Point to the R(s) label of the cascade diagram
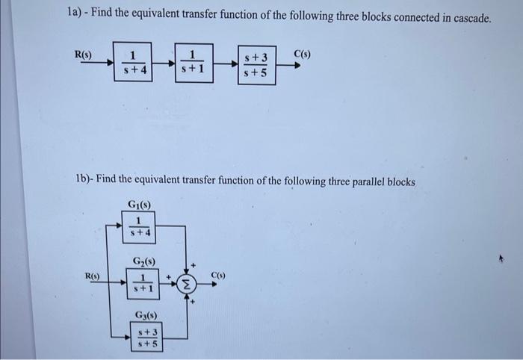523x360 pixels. (x=83, y=54)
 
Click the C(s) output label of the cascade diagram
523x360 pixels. (x=303, y=54)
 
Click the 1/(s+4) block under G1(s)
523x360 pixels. (x=138, y=225)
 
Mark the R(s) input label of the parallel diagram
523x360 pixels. (x=93, y=276)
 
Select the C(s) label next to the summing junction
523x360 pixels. (x=219, y=276)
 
